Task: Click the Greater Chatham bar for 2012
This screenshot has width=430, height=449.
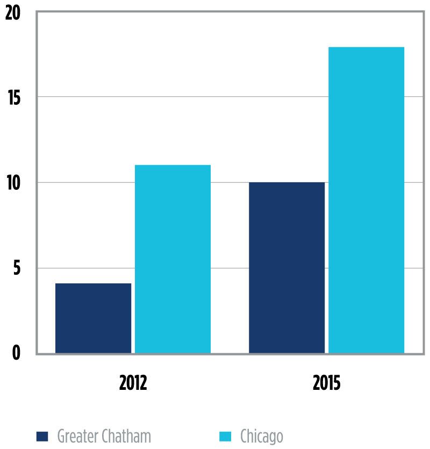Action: point(93,318)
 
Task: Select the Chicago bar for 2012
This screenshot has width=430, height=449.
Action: point(173,259)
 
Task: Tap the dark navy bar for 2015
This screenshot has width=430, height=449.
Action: point(286,268)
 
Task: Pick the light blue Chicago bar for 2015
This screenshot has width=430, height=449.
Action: point(366,200)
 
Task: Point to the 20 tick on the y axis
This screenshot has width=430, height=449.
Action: point(12,13)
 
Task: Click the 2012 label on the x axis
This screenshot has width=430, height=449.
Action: point(133,383)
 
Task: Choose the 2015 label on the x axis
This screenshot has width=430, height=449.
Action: point(326,383)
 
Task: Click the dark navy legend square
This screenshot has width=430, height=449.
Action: point(42,436)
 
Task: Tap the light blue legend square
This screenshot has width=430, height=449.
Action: point(225,436)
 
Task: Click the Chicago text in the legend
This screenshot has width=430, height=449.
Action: point(261,436)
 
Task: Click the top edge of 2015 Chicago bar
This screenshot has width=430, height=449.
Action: point(366,48)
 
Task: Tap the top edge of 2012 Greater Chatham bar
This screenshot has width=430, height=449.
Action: point(93,284)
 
